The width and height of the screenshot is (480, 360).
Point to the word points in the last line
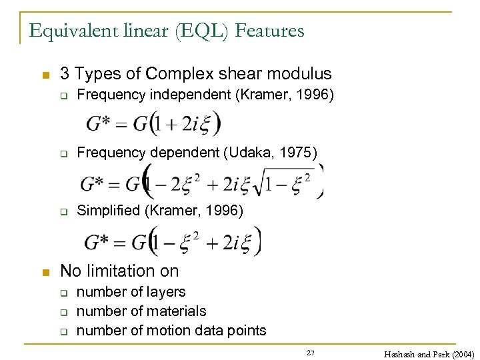point(247,330)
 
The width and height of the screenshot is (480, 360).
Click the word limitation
point(121,271)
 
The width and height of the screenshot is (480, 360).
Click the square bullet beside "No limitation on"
point(45,271)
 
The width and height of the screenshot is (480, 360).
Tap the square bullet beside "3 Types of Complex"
point(45,74)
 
